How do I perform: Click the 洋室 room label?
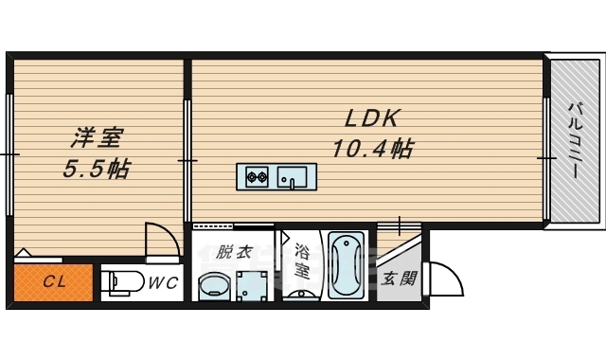96,139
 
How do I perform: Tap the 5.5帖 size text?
97,171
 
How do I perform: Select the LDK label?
372,119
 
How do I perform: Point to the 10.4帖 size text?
372,149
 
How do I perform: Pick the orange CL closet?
53,282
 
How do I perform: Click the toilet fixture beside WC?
117,282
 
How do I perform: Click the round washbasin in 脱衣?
214,286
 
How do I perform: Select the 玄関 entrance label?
399,279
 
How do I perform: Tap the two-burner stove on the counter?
258,175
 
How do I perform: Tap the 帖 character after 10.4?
401,149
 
